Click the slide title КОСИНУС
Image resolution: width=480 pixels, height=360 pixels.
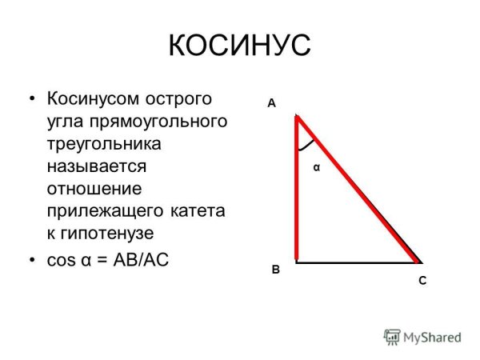(239, 46)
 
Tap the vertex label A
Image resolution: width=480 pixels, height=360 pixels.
(271, 103)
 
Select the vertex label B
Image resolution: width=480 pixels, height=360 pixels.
(274, 270)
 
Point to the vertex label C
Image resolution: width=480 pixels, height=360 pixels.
(422, 281)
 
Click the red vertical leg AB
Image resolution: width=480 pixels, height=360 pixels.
(297, 192)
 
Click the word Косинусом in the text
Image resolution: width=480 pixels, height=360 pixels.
(94, 99)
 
